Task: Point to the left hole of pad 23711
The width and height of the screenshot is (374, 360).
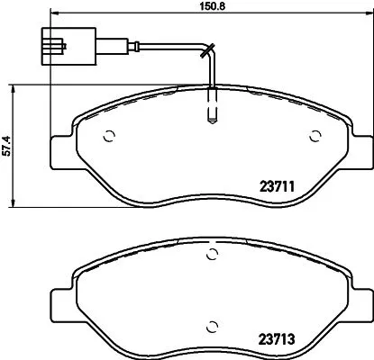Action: (109, 137)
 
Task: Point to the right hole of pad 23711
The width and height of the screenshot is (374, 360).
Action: (315, 137)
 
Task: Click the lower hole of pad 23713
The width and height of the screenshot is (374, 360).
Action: (212, 326)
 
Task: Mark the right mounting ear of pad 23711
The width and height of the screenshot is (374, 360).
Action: (360, 143)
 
